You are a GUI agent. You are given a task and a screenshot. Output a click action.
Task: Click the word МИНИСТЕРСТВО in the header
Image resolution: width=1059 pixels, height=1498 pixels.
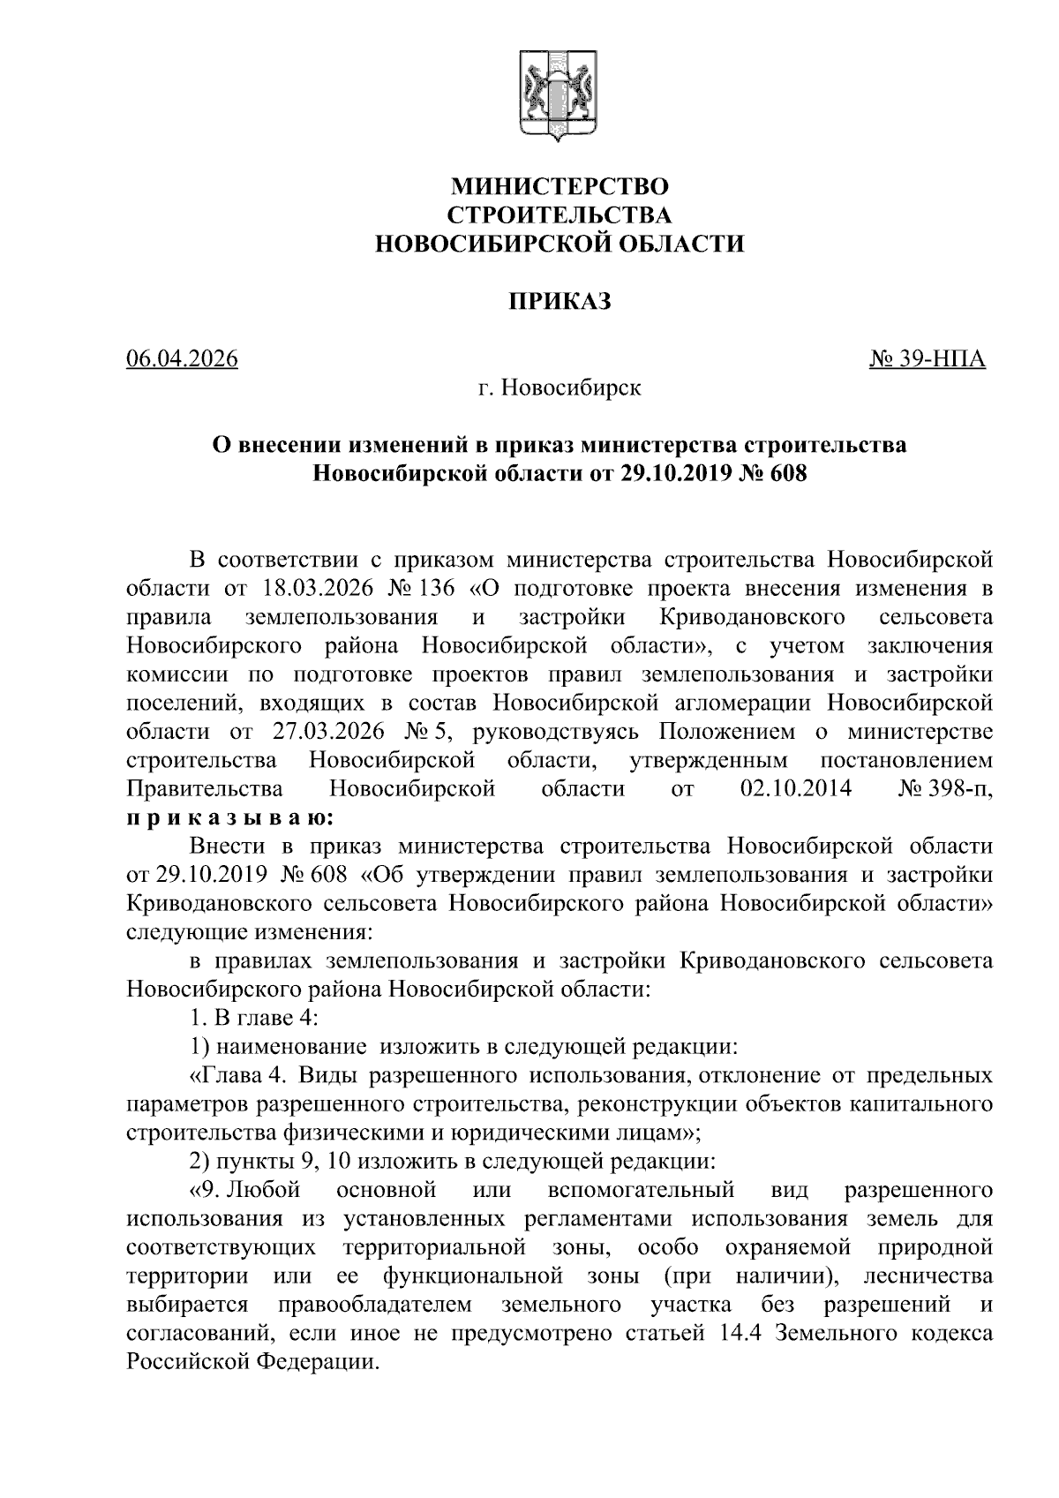(560, 186)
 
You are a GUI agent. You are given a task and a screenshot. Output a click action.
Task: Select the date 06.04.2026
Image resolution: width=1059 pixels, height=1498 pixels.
(183, 359)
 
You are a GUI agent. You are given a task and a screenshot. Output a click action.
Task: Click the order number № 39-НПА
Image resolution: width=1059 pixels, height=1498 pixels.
(928, 359)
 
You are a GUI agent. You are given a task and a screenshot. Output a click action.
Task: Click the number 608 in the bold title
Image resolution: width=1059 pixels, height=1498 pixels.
(787, 474)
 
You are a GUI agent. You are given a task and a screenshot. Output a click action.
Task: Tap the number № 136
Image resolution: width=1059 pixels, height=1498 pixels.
(432, 588)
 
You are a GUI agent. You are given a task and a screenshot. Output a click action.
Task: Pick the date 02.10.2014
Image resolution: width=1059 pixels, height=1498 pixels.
(796, 789)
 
